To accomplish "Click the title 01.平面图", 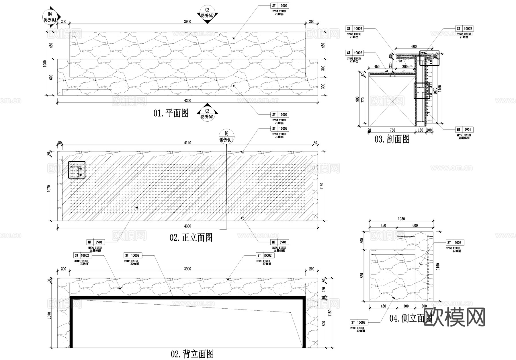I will (x=171, y=113).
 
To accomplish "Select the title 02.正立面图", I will (x=191, y=238).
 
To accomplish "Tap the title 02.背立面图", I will (x=192, y=354).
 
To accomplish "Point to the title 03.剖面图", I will (x=392, y=139).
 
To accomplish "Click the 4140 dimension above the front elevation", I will (x=187, y=143).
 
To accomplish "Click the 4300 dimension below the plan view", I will (x=187, y=101).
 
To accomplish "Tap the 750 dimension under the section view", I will (x=392, y=130).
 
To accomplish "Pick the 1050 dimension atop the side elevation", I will (x=401, y=219).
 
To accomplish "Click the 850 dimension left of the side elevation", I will (x=362, y=275).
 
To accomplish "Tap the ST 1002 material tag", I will (x=455, y=243).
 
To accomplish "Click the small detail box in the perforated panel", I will (x=77, y=170).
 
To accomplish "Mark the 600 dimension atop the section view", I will (x=414, y=46).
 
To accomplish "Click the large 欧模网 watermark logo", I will (x=454, y=318).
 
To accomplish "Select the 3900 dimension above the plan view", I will (x=187, y=22).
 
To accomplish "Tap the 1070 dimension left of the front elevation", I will (x=49, y=188).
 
